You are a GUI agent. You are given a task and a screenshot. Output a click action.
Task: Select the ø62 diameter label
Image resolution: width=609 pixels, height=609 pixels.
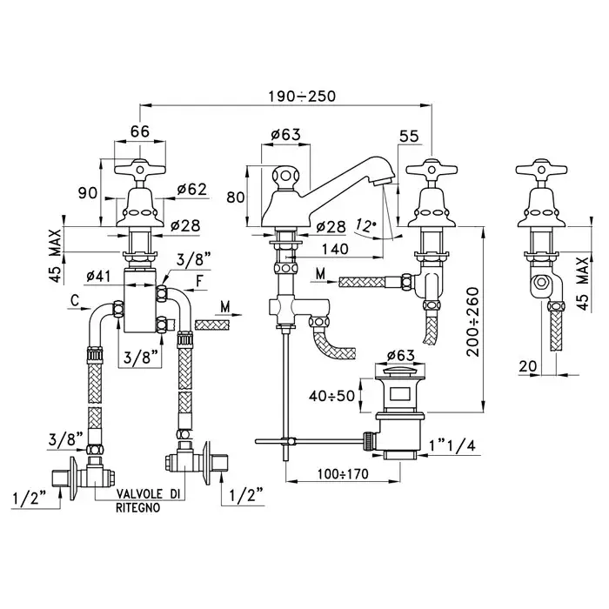point(190,188)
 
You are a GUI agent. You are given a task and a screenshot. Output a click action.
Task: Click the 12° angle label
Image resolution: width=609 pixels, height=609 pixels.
point(366,224)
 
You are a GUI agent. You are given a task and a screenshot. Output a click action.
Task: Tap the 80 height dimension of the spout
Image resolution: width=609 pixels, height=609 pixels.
point(237,197)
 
